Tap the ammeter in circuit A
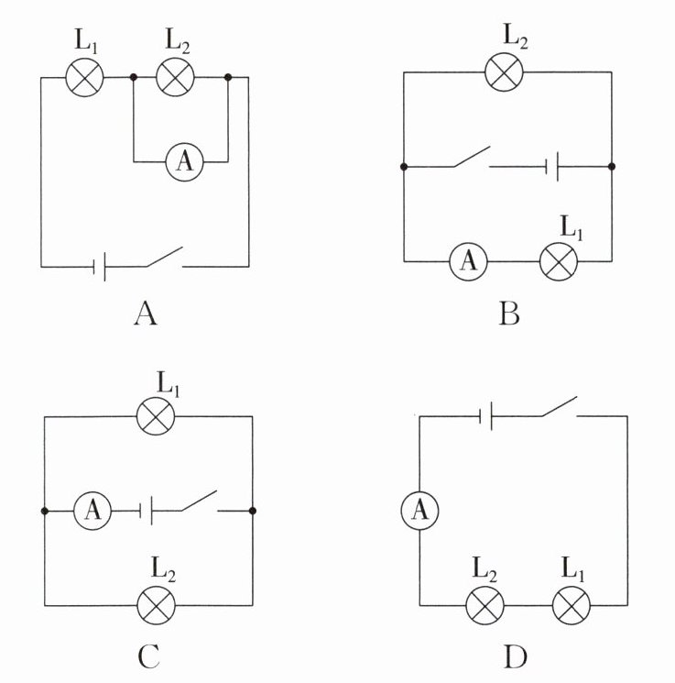click(x=184, y=162)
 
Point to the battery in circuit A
click(x=102, y=267)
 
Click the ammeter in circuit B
click(x=468, y=261)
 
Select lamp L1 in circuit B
click(x=558, y=261)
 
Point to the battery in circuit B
click(x=552, y=167)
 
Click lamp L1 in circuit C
click(x=155, y=417)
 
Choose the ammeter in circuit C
click(x=92, y=511)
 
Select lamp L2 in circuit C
click(x=155, y=604)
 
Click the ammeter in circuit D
click(x=420, y=511)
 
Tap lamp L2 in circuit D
click(x=485, y=604)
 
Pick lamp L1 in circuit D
click(x=572, y=604)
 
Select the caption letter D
click(x=516, y=656)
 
